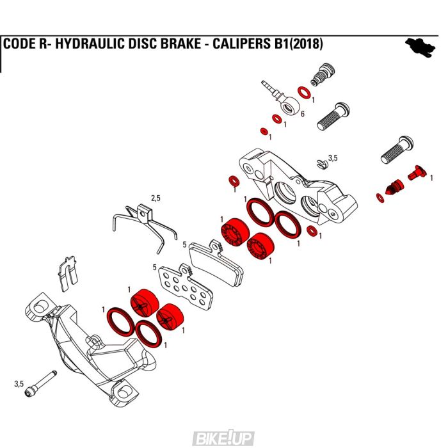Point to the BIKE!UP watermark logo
click(x=223, y=438)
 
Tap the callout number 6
click(x=302, y=113)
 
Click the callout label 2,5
click(x=156, y=198)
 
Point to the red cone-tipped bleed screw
click(x=391, y=186)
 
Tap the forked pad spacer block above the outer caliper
click(x=68, y=271)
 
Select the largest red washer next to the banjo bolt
click(x=304, y=93)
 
